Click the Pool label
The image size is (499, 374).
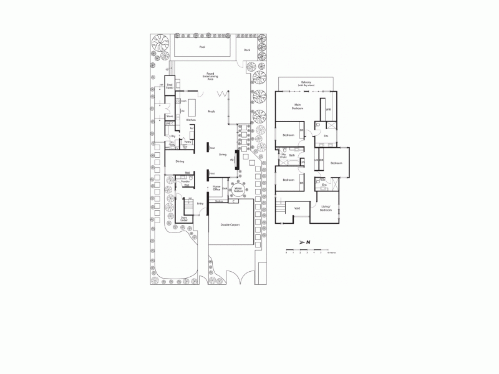(x=202, y=47)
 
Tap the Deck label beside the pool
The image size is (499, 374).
(x=246, y=50)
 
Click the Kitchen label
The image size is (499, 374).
(x=191, y=120)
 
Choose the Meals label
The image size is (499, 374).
(x=212, y=112)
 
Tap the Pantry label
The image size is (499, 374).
(x=187, y=142)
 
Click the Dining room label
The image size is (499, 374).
(x=180, y=161)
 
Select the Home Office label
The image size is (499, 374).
(x=217, y=187)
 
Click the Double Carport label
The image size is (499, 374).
(x=230, y=224)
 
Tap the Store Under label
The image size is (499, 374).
(x=184, y=219)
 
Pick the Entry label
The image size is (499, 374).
(x=200, y=203)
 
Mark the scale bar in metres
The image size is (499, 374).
(x=308, y=251)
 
